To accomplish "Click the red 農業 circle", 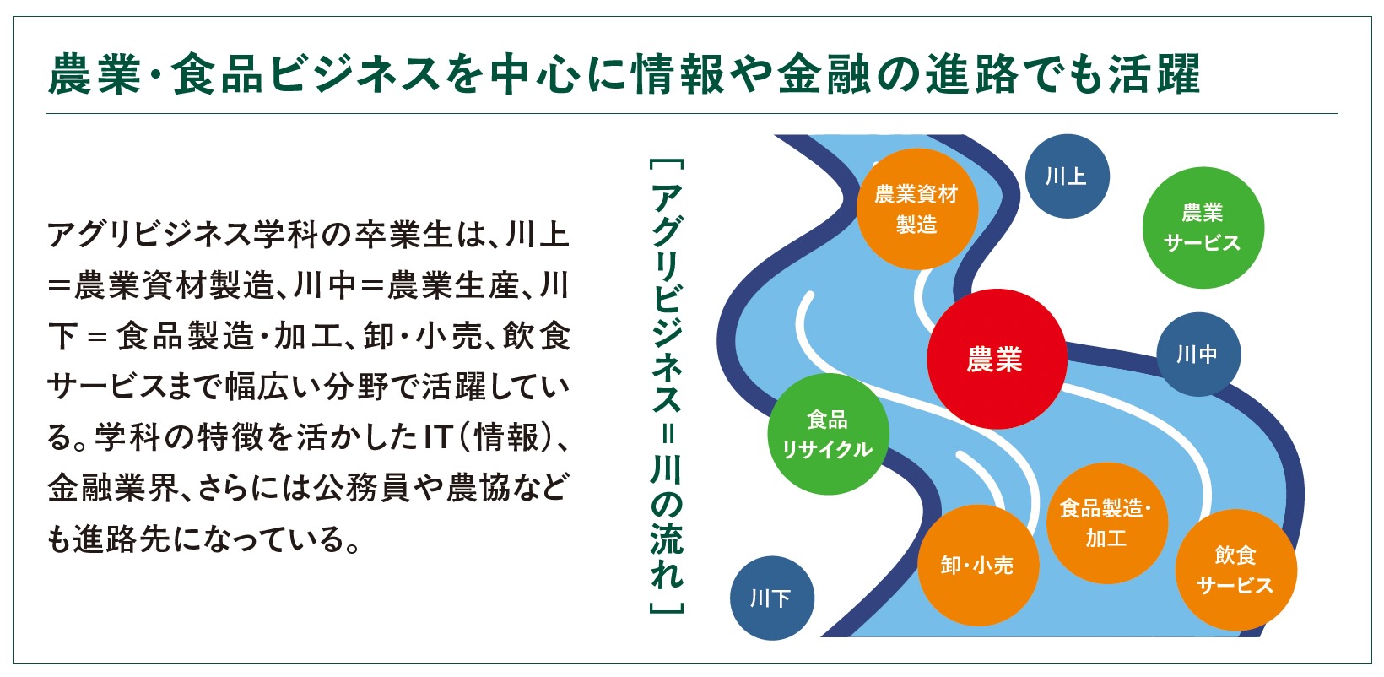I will [x=997, y=359].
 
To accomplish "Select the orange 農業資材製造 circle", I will [x=917, y=209].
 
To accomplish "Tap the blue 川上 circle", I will [x=1067, y=176].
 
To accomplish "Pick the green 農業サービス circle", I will [x=1203, y=227].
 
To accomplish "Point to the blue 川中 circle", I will [x=1197, y=354].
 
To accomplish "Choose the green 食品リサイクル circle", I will [x=828, y=434].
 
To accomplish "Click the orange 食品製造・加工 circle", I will [x=1106, y=523].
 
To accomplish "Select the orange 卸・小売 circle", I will [x=977, y=565].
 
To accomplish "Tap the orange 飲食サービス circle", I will [x=1235, y=570].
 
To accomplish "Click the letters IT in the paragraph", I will [x=439, y=437].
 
